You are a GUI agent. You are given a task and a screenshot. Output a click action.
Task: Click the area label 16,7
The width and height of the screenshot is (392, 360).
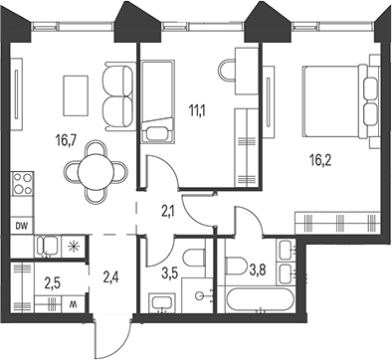(x=67, y=141)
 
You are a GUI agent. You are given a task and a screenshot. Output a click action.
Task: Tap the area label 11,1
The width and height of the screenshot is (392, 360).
(x=197, y=110)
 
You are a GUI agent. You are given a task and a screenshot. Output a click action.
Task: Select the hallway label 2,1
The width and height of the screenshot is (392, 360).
(x=169, y=211)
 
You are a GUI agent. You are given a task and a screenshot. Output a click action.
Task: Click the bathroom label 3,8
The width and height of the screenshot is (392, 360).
(x=257, y=270)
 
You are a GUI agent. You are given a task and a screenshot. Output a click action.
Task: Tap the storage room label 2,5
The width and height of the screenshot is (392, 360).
(x=53, y=283)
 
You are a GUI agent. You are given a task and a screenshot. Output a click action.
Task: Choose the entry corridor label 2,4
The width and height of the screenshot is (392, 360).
(x=110, y=277)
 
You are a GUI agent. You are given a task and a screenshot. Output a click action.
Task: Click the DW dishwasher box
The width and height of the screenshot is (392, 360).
(x=22, y=226)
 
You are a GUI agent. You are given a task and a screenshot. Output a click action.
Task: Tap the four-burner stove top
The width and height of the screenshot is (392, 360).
(x=22, y=183)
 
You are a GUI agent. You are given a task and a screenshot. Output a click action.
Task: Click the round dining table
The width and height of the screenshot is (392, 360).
(x=96, y=172)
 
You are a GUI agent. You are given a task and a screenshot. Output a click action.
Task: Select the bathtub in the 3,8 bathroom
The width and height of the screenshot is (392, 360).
(x=260, y=300)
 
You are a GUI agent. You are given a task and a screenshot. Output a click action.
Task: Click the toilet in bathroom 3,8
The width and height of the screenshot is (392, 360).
(x=236, y=266)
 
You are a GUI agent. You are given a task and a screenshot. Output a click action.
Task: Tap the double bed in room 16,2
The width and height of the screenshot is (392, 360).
(x=340, y=101)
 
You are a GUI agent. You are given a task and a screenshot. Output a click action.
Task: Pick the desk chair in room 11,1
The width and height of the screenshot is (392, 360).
(x=227, y=71)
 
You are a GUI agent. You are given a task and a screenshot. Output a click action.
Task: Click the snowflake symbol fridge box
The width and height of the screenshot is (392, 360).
(x=73, y=246)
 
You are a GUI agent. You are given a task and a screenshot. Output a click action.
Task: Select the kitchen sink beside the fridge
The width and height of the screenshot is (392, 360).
(x=48, y=246)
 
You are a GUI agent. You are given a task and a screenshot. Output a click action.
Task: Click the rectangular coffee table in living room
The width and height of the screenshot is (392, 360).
(x=76, y=95)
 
